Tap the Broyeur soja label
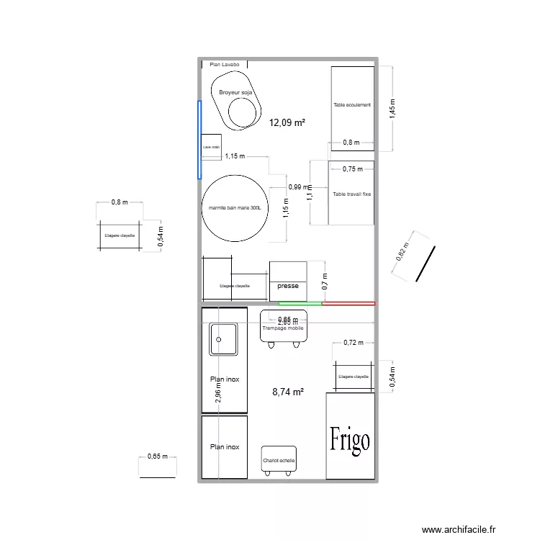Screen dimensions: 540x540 click(235, 93)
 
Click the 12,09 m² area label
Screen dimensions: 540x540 click(287, 122)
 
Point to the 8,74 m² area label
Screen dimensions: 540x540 click(287, 392)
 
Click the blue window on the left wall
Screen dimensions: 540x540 click(199, 139)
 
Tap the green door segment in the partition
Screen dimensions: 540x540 click(300, 304)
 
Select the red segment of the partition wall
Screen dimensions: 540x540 click(348, 304)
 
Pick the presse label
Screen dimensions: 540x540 click(288, 286)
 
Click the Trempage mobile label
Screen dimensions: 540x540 click(283, 328)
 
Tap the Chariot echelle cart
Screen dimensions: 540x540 click(279, 460)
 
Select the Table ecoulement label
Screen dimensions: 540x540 click(352, 105)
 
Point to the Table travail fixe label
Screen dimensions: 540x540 click(352, 194)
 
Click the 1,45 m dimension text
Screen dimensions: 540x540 click(392, 108)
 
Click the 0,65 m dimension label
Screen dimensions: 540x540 click(157, 456)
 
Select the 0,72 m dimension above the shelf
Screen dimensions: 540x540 click(354, 343)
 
